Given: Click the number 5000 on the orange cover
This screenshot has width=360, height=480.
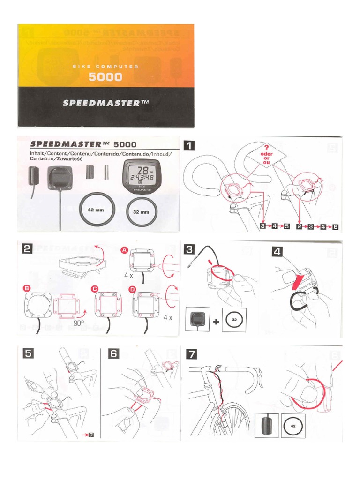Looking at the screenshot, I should pyautogui.click(x=105, y=77).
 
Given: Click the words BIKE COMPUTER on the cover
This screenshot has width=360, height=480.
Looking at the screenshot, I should pyautogui.click(x=105, y=67).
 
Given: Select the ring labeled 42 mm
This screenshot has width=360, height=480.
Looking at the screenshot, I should pyautogui.click(x=97, y=210).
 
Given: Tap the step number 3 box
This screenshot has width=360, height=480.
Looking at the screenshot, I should pyautogui.click(x=189, y=249).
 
